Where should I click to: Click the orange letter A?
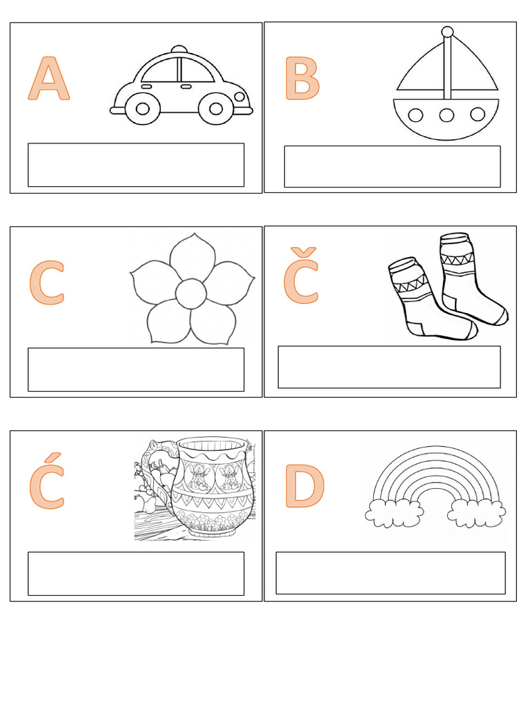click(49, 79)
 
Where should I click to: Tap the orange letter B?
click(302, 79)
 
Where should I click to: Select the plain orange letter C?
click(47, 283)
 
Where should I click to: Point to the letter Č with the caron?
click(301, 275)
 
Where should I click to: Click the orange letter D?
click(304, 486)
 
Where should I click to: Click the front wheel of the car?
click(216, 109)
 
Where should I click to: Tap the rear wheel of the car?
click(142, 109)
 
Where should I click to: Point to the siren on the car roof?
click(179, 49)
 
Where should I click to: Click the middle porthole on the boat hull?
click(446, 115)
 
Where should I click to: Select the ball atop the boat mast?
click(447, 32)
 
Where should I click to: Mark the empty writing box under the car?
click(136, 165)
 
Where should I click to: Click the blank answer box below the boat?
click(393, 166)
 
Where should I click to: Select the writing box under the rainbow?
click(391, 573)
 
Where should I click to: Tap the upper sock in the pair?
click(471, 278)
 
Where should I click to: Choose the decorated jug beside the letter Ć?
click(212, 487)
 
